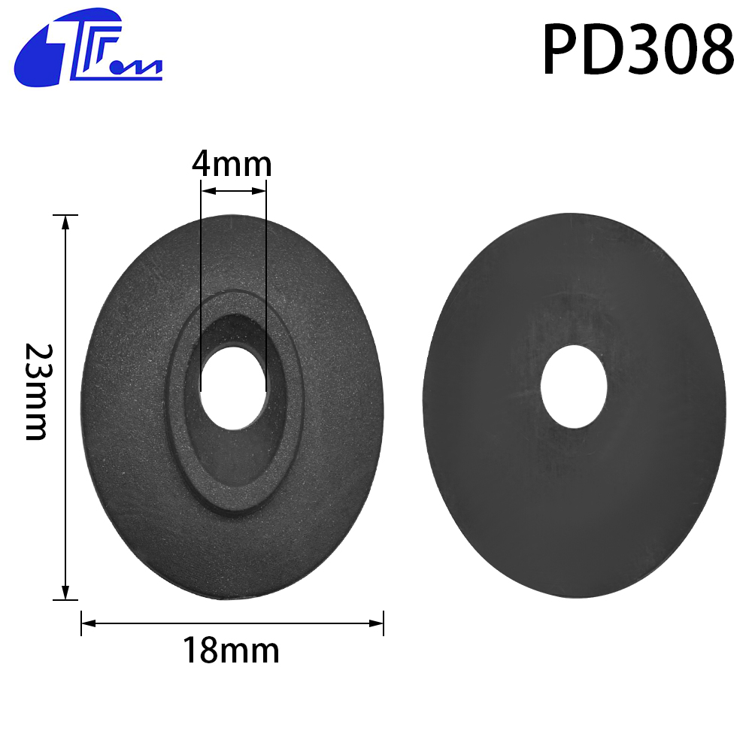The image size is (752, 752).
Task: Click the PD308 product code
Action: click(638, 50)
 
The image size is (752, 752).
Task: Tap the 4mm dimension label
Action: click(232, 164)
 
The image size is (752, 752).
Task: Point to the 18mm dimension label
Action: click(231, 650)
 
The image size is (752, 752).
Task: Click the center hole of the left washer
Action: click(234, 387)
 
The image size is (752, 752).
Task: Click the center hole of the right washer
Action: click(574, 387)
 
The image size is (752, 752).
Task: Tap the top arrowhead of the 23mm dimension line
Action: click(65, 223)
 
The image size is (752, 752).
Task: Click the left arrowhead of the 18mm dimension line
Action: click(89, 623)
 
